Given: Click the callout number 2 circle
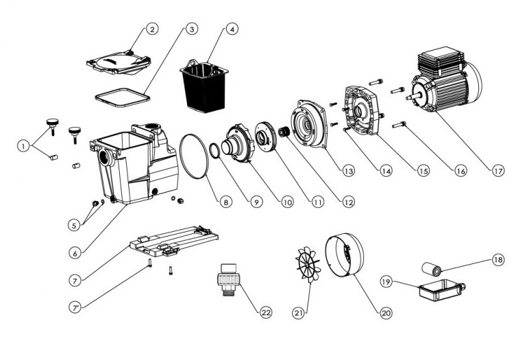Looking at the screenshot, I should coord(151,29).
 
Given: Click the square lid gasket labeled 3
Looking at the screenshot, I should coord(124,95).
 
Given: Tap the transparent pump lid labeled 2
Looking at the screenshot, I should coord(120,61).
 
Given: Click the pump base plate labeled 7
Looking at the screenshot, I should coord(175,239).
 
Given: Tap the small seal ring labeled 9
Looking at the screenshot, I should coord(216,150).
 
